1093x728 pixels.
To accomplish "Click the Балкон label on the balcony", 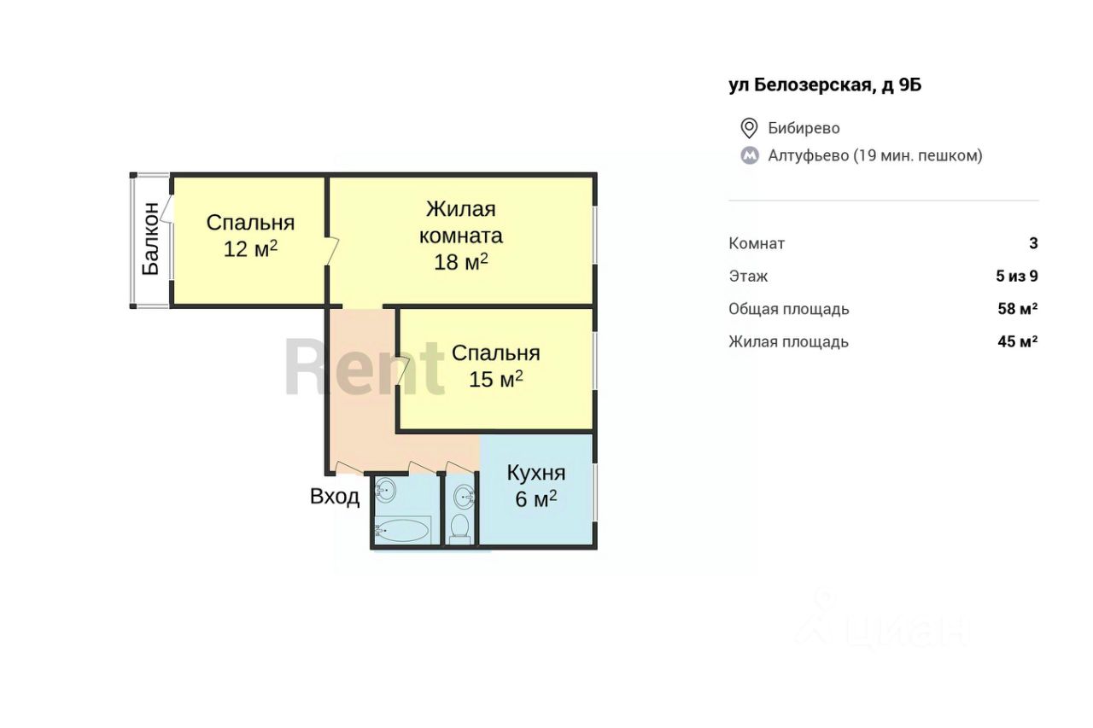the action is coord(151,238).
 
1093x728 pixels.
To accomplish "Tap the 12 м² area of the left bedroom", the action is coord(250,248).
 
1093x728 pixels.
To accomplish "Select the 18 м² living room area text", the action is coord(460,262).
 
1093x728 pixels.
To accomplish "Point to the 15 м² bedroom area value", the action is coord(496,379).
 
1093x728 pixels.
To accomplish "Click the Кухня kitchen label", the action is coord(536,473).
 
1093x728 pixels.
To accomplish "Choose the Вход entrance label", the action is coord(335,497).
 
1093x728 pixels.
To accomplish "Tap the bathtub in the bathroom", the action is coord(403,530).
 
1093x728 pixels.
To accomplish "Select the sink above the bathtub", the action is coord(385,490).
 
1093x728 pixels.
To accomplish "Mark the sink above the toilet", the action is coord(464,498).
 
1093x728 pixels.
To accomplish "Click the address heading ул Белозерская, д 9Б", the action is coord(825,85).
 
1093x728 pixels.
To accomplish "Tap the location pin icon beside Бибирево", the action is coord(749,128).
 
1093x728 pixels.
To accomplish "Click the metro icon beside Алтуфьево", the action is coord(750,155).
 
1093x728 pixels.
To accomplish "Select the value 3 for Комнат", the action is coord(1033,243).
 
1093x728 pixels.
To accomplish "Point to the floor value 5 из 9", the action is coord(1017,276).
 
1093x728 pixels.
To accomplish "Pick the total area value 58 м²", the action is coord(1018,309).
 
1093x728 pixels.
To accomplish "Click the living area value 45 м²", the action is coord(1018,341).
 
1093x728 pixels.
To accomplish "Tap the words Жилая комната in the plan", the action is coord(460,223).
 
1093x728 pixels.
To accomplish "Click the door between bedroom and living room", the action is coord(332,251).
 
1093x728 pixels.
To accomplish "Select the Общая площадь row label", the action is coord(789,309).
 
